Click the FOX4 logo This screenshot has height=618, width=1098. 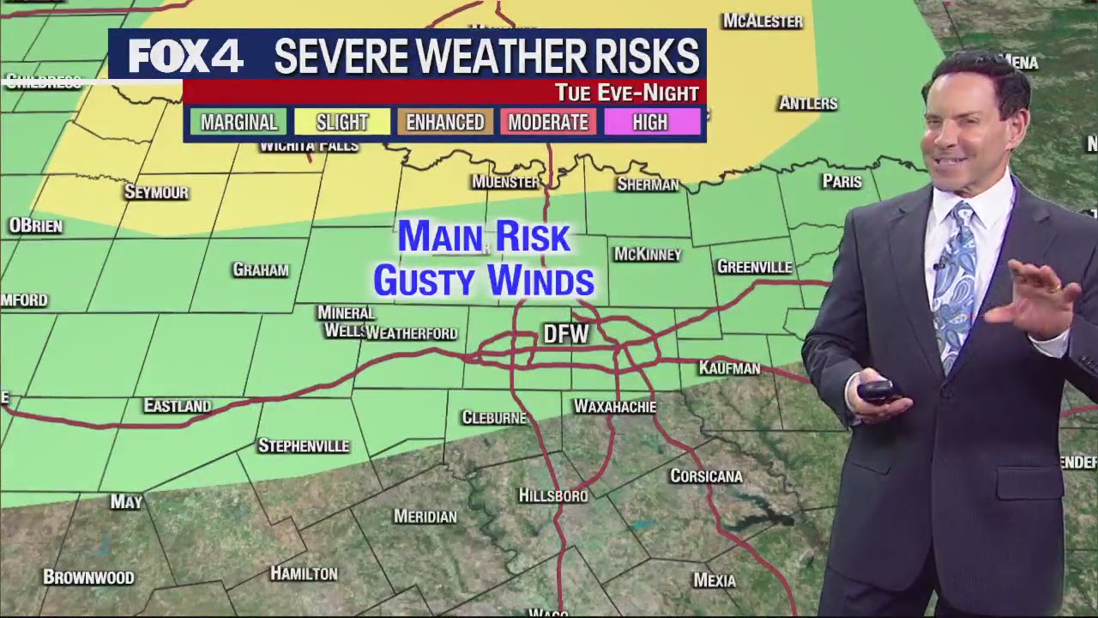pos(186,57)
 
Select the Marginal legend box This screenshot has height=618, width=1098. pos(238,122)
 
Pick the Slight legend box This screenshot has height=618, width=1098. pos(341,122)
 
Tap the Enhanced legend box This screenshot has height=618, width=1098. pos(444,122)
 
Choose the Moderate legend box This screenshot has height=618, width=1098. pos(548,122)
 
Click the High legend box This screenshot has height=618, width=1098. pos(650,122)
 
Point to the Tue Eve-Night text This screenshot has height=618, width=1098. pos(626,92)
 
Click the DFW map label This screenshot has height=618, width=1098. pos(566,334)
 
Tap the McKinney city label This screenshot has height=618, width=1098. pos(648,254)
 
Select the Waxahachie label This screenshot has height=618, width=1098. pos(614,407)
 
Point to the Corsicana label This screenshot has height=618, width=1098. pos(706,476)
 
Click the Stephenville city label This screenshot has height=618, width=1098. pos(304,445)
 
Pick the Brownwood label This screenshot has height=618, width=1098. pos(88,577)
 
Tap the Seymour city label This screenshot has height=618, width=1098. pos(156,192)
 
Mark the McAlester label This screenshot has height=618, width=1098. pos(762,21)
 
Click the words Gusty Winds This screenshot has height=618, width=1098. pos(484,281)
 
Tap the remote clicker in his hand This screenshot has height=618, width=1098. pos(879,391)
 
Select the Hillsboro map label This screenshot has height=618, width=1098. pos(553,495)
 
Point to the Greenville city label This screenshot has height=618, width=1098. pos(754,267)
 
